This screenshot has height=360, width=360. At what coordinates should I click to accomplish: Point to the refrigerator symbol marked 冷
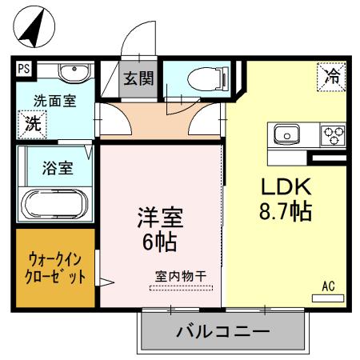[331, 77]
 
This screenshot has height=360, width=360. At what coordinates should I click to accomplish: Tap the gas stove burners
[333, 134]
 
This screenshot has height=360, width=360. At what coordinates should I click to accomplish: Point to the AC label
[328, 285]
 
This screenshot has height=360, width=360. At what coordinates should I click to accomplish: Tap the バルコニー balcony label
[222, 330]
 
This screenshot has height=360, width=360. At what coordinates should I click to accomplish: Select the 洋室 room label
[160, 216]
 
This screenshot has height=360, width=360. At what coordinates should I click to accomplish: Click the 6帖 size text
[160, 239]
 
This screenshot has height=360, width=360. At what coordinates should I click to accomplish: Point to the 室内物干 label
[181, 276]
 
